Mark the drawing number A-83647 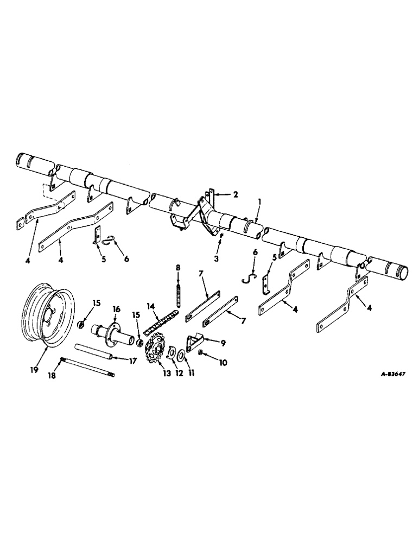coord(386,374)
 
